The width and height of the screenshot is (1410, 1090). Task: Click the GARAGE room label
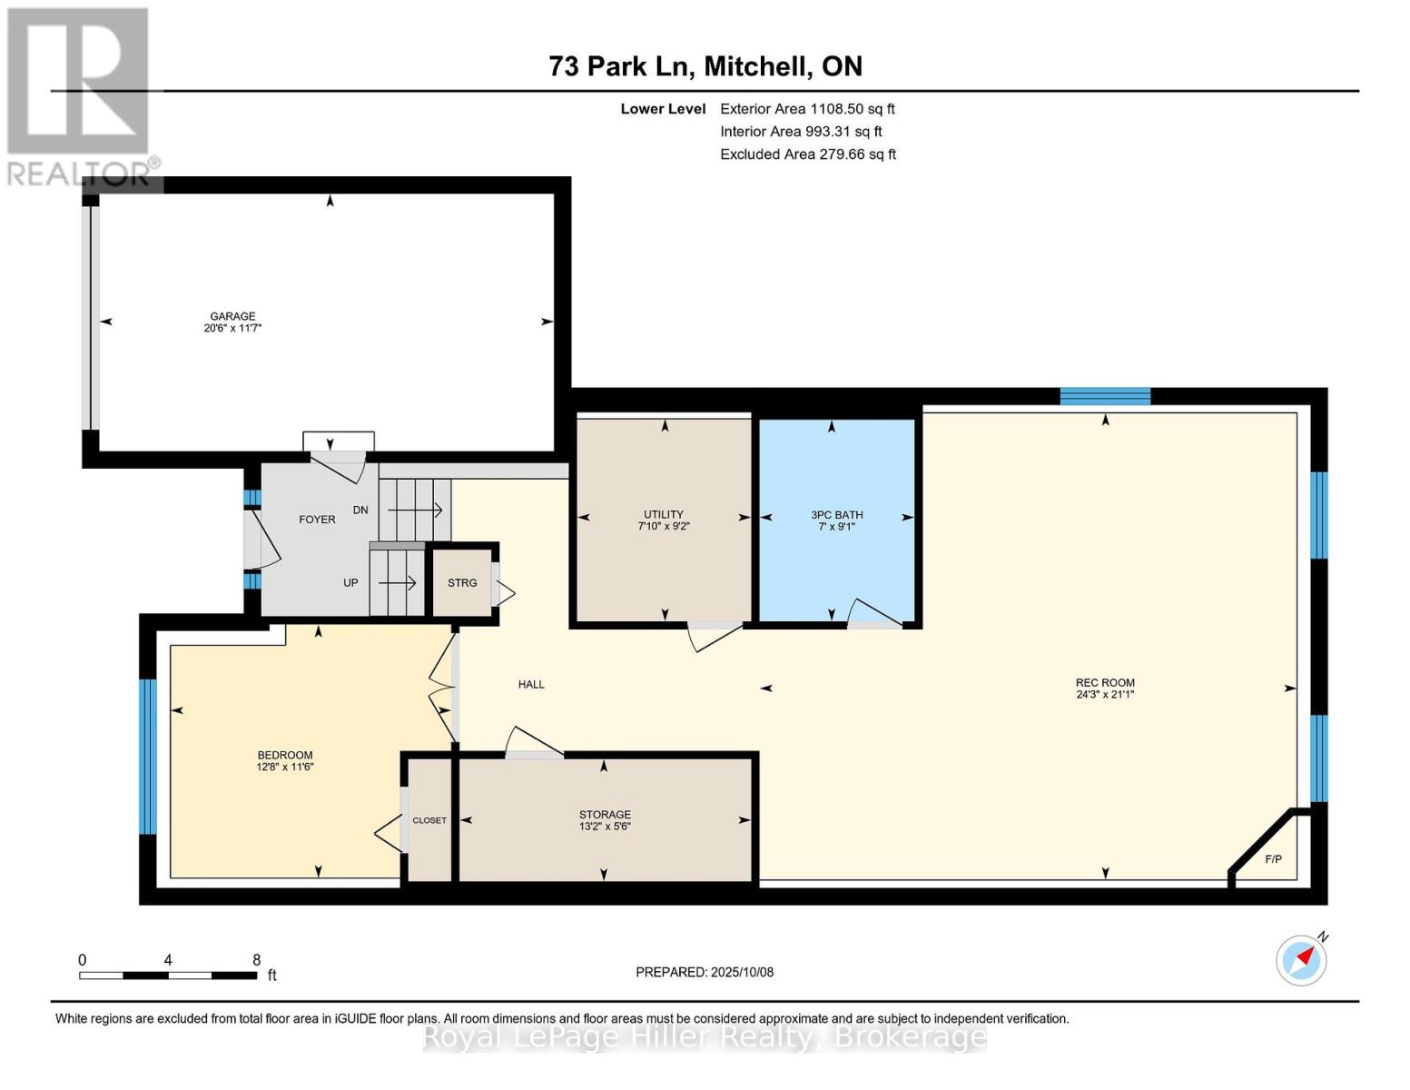(232, 316)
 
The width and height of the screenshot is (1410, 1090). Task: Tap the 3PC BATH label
(837, 515)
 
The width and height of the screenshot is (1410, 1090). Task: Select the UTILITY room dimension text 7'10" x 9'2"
(663, 527)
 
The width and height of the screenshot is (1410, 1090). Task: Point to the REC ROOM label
(1105, 682)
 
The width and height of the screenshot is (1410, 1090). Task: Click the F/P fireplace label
(1273, 859)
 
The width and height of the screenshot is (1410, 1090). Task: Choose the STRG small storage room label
(462, 583)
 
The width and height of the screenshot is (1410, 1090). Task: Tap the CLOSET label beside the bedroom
(429, 820)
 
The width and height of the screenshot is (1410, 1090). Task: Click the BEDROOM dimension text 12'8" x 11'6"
(285, 767)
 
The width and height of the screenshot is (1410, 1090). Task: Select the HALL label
(531, 684)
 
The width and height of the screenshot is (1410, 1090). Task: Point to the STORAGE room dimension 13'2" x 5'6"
(605, 827)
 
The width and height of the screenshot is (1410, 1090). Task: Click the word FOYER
(317, 520)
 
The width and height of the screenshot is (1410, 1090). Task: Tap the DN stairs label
(360, 510)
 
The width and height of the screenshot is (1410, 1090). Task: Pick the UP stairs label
(350, 583)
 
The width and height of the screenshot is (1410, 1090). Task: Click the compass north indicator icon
(1302, 959)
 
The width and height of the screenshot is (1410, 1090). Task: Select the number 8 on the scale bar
(257, 959)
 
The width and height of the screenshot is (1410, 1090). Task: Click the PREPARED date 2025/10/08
(743, 972)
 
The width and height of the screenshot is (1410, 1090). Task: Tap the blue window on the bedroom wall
(149, 756)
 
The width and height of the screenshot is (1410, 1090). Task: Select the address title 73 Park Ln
(618, 66)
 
